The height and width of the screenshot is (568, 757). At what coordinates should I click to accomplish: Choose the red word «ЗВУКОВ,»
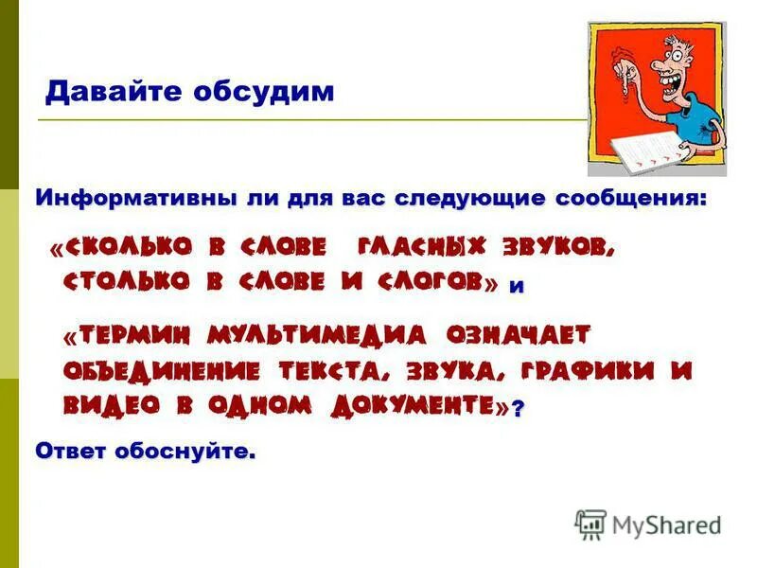563,249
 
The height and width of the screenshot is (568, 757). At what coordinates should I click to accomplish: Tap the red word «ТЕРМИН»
136,336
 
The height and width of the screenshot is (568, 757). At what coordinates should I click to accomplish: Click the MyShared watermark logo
648,524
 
